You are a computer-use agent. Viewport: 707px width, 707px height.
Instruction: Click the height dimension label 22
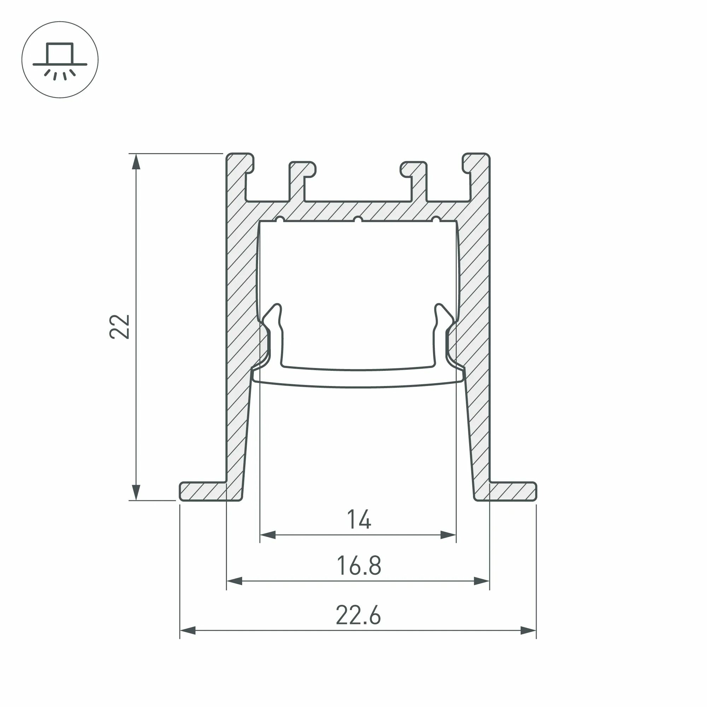[x=120, y=326]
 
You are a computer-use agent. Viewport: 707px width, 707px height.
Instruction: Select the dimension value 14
[x=358, y=519]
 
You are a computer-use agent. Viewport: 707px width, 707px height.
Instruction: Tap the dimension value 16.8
[x=358, y=565]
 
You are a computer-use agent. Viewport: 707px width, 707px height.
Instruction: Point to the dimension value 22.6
[x=358, y=615]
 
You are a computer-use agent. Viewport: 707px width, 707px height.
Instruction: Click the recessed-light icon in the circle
[x=60, y=60]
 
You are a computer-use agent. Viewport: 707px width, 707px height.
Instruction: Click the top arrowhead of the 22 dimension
[x=136, y=162]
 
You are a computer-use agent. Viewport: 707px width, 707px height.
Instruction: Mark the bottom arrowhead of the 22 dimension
[x=136, y=492]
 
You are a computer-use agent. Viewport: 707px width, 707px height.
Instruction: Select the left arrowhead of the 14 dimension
[x=268, y=535]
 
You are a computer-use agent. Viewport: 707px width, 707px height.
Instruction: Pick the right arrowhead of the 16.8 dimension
[x=481, y=581]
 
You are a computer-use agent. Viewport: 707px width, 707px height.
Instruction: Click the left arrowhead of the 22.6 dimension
[x=188, y=631]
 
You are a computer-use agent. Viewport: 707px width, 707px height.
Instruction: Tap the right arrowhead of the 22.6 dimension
[x=528, y=631]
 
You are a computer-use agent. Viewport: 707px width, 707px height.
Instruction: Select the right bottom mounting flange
[x=512, y=491]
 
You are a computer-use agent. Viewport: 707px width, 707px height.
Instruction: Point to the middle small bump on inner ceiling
[x=358, y=220]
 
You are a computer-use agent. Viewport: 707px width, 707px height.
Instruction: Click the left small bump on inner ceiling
[x=280, y=220]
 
